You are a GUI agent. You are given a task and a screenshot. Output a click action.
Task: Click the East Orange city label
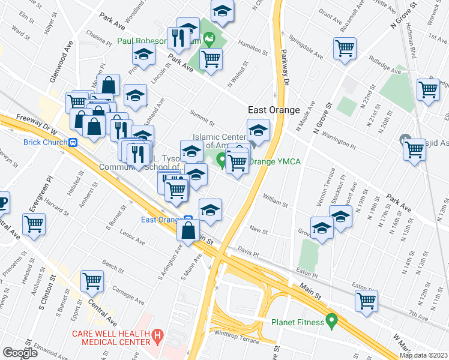pyautogui.click(x=274, y=110)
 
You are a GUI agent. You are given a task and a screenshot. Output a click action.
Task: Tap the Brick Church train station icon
pyautogui.click(x=73, y=142)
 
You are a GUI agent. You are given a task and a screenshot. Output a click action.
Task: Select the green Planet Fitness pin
pyautogui.click(x=330, y=322)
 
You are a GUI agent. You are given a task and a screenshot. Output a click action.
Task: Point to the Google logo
pyautogui.click(x=19, y=353)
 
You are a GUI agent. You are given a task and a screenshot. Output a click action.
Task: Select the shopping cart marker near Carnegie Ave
pyautogui.click(x=92, y=280)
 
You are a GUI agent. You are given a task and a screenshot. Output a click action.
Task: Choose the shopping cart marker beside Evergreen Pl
pyautogui.click(x=34, y=224)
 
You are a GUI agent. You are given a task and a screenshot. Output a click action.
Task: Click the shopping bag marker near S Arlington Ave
pyautogui.click(x=188, y=230)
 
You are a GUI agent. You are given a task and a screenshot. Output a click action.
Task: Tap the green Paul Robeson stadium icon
pyautogui.click(x=208, y=40)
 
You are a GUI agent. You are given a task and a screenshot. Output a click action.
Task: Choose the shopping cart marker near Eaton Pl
pyautogui.click(x=366, y=300)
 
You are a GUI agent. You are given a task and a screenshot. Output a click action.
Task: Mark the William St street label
pyautogui.click(x=276, y=200)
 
